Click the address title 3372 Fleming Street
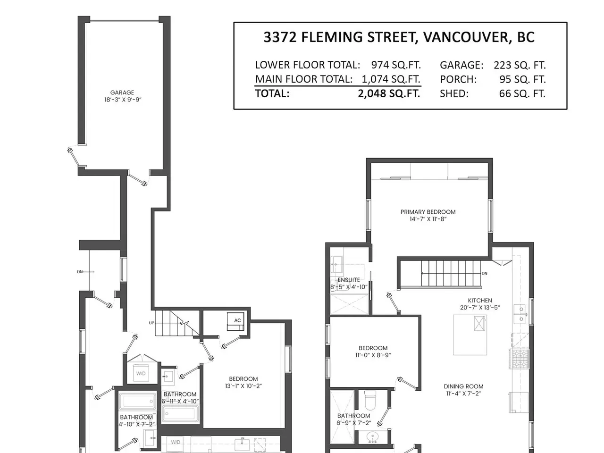[x=399, y=37]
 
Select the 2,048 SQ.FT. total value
[x=389, y=93]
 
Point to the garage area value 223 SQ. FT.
[x=520, y=65]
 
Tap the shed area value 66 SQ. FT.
[x=522, y=93]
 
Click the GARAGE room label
[x=122, y=92]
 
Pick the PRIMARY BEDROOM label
[x=428, y=212]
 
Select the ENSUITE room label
[x=349, y=280]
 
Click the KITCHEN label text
[x=480, y=301]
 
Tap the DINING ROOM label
[x=463, y=386]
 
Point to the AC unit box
[x=235, y=321]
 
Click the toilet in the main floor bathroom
[x=370, y=400]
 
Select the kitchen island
[x=470, y=335]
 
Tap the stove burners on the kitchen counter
[x=520, y=359]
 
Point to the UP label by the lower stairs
[x=151, y=323]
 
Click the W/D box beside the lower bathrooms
[x=141, y=373]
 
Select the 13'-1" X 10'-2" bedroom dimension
[x=243, y=386]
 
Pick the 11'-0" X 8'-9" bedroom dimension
[x=373, y=355]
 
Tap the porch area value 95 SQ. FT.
[x=522, y=79]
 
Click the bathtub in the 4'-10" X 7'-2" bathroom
[x=137, y=401]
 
